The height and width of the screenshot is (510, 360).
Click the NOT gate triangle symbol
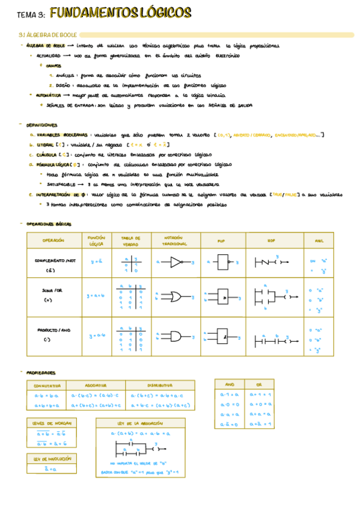pos(177,262)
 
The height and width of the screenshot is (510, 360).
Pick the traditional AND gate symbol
pos(177,337)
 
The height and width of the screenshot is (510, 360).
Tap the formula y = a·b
pos(96,336)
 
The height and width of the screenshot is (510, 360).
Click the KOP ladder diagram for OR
pos(271,296)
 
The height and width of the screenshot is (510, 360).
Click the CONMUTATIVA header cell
pos(46,385)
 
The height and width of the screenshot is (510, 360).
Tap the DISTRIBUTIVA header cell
pos(160,385)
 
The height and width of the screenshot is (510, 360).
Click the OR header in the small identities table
pos(259,383)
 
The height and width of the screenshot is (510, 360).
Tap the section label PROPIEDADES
pos(41,373)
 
